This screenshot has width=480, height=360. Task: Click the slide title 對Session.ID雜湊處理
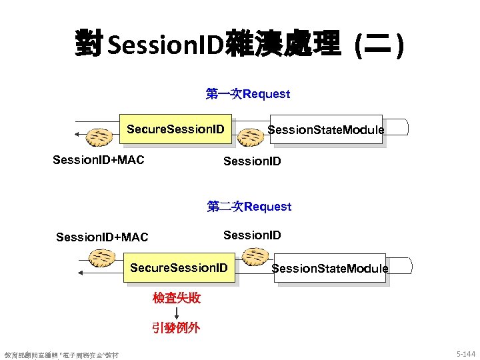(239, 44)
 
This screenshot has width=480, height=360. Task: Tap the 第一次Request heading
(248, 93)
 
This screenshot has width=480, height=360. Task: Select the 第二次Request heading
(249, 206)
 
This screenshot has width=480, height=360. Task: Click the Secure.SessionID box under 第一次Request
(176, 128)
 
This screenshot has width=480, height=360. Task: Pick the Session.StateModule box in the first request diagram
(325, 129)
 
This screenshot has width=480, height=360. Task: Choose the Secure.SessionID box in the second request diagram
(179, 267)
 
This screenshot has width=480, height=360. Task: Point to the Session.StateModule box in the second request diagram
(329, 268)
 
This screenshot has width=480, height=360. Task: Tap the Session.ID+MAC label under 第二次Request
(102, 237)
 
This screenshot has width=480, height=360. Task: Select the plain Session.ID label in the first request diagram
(252, 161)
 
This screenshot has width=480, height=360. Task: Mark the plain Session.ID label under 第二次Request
(252, 235)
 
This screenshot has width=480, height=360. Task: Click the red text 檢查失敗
(177, 297)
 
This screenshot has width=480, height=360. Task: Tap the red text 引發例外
(176, 327)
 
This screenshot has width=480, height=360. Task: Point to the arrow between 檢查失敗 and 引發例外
(177, 313)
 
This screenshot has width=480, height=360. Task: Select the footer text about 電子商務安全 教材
(61, 355)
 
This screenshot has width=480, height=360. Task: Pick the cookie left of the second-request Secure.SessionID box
(104, 257)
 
